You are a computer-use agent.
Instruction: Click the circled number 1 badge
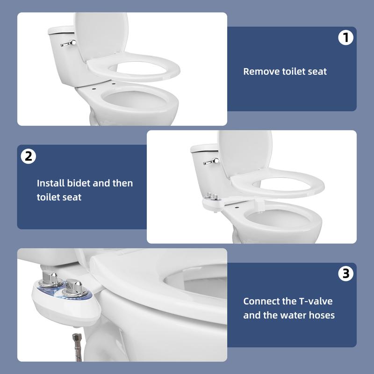[x=345, y=38]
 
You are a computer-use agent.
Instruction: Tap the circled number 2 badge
[x=29, y=156]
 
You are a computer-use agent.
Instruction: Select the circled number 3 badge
[x=345, y=274]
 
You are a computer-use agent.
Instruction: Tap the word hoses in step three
[x=322, y=315]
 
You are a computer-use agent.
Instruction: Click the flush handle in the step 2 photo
[x=211, y=161]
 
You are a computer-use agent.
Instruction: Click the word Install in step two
[x=48, y=183]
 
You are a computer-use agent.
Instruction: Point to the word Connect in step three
[x=262, y=301]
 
